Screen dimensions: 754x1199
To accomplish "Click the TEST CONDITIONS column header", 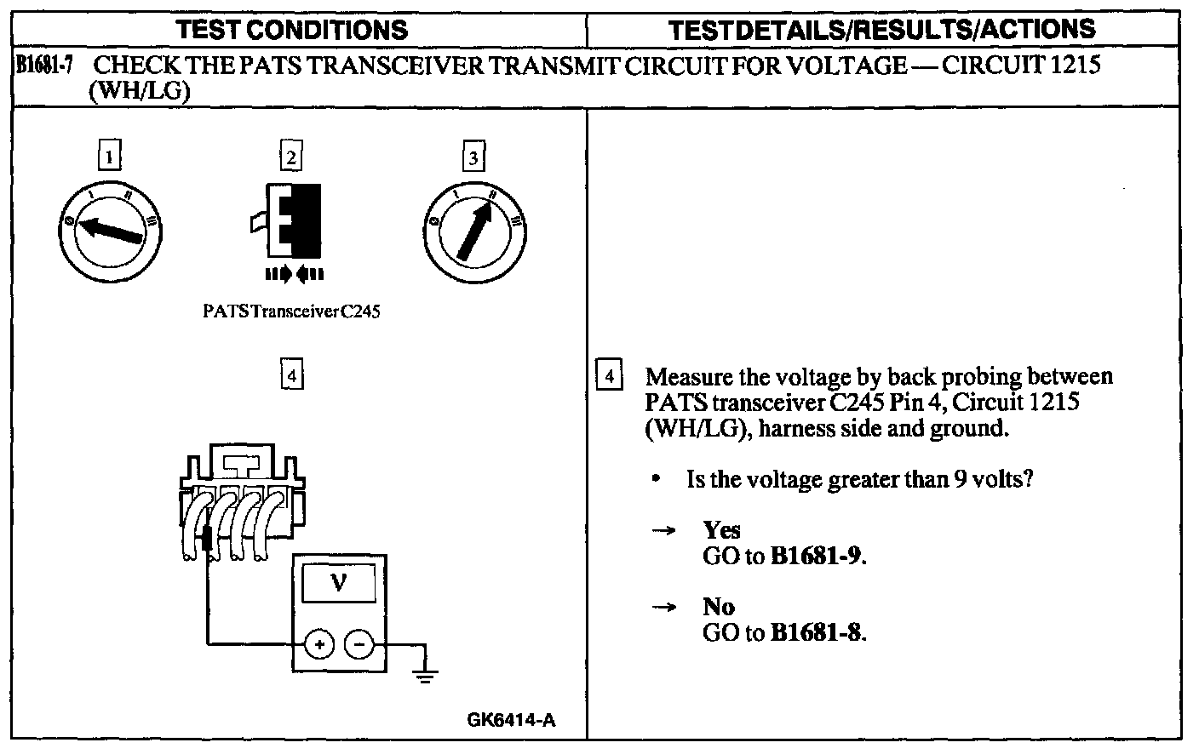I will tap(291, 31).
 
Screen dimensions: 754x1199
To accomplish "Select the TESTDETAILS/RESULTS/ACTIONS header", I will tap(882, 31).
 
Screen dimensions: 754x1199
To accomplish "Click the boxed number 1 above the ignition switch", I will tap(109, 157).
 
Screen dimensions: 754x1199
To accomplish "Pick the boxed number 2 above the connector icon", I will tap(291, 157).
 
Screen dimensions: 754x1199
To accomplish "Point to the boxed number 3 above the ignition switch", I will tap(473, 157).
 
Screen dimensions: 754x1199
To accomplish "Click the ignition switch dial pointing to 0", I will tap(109, 230).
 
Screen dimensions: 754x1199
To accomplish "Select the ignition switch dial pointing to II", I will tap(473, 230).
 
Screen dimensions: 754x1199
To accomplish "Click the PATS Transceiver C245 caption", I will tap(291, 311).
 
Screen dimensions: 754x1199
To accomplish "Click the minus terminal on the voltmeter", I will tap(359, 646).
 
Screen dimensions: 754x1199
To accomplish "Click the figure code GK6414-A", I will tap(511, 720).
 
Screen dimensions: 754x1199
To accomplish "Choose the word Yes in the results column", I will tap(721, 530).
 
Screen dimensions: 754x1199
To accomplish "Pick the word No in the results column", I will tap(719, 607).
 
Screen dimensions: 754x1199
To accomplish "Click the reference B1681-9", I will tap(817, 557).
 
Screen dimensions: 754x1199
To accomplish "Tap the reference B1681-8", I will tap(817, 633).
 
